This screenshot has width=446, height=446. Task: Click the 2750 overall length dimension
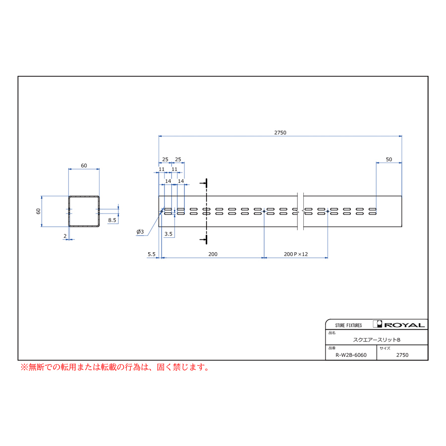click(x=280, y=132)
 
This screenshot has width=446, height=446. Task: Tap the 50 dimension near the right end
click(x=389, y=160)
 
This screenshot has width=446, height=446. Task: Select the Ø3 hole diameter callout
click(x=140, y=232)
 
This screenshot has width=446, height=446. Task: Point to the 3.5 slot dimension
click(x=168, y=234)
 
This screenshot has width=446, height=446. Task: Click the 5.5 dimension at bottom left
click(x=151, y=254)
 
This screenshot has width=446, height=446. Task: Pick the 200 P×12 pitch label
click(x=296, y=254)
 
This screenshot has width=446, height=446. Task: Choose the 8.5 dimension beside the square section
click(x=112, y=220)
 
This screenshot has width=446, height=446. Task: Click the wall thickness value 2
click(x=65, y=236)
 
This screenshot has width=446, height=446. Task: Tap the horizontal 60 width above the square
click(x=84, y=166)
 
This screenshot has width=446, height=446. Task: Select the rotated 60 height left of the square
click(x=38, y=211)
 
